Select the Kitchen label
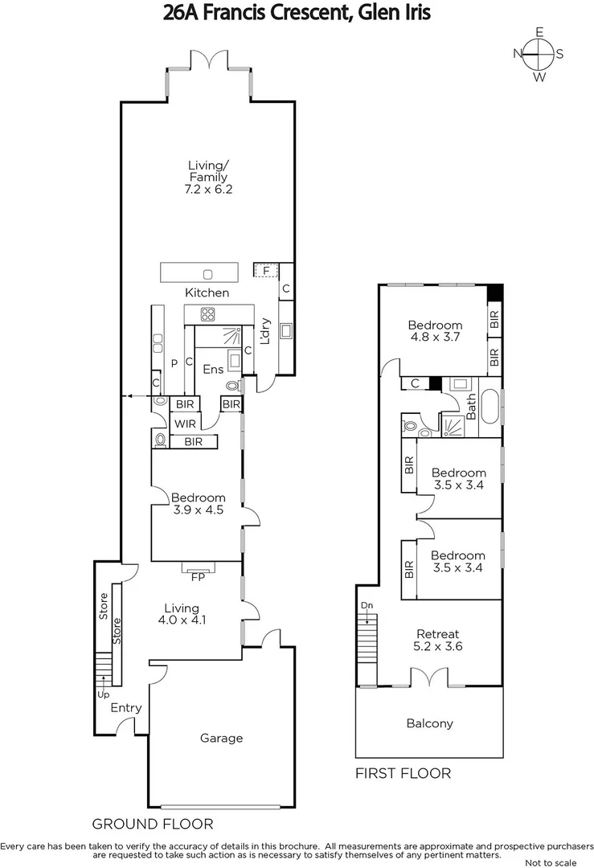click(207, 293)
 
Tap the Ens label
click(213, 370)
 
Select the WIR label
click(185, 423)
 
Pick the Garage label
click(221, 738)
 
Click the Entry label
click(126, 708)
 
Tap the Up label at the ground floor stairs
click(103, 694)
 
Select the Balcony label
click(429, 723)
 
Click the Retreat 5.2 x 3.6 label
click(438, 640)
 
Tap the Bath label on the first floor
click(471, 407)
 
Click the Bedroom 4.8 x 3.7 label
click(434, 331)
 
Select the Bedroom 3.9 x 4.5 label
click(198, 503)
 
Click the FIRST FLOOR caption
click(403, 773)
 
